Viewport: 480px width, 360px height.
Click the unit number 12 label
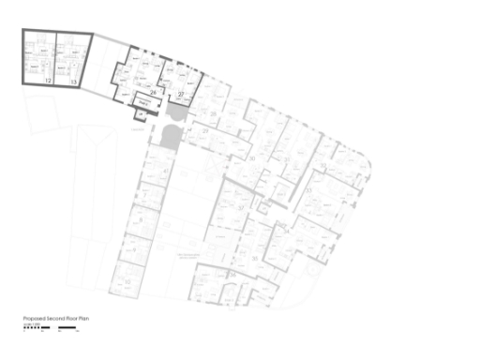[x=47, y=81]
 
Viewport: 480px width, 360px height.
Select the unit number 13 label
[x=73, y=81]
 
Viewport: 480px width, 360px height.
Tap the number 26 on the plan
[x=153, y=93]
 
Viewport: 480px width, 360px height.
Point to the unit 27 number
[x=181, y=95]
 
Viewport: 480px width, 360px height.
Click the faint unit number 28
[x=214, y=114]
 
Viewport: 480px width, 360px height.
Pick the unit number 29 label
[x=205, y=132]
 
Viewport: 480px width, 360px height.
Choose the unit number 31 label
[x=253, y=159]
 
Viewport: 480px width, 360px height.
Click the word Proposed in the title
[x=35, y=319]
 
